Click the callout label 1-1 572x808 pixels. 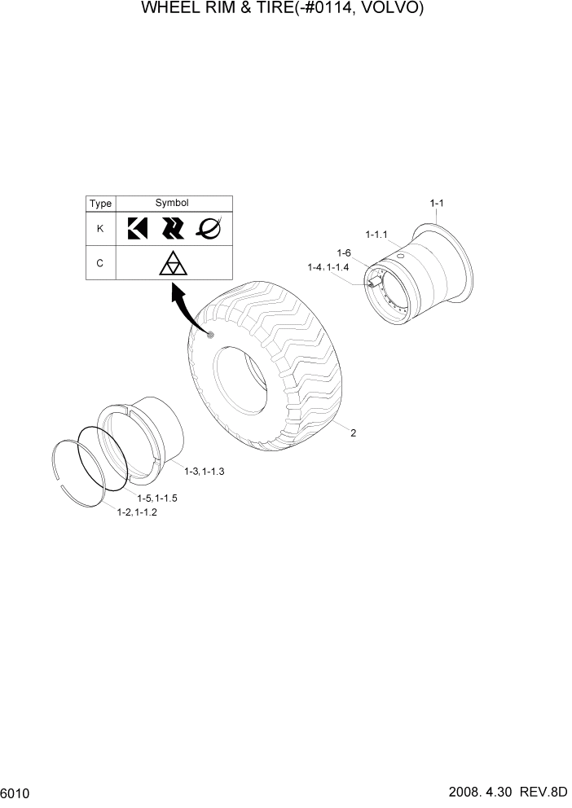pos(437,203)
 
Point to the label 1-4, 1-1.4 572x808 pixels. pos(328,267)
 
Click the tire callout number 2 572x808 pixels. pos(353,433)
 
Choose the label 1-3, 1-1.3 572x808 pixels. pos(204,472)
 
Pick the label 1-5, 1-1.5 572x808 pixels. pos(157,498)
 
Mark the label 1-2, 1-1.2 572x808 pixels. pos(137,512)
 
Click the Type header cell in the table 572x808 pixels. pos(101,204)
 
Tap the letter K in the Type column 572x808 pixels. pos(100,229)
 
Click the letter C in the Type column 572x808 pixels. pos(100,263)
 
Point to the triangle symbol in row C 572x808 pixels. pos(173,264)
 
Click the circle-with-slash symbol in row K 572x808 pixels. pos(209,229)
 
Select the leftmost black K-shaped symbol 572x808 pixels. pos(136,229)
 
